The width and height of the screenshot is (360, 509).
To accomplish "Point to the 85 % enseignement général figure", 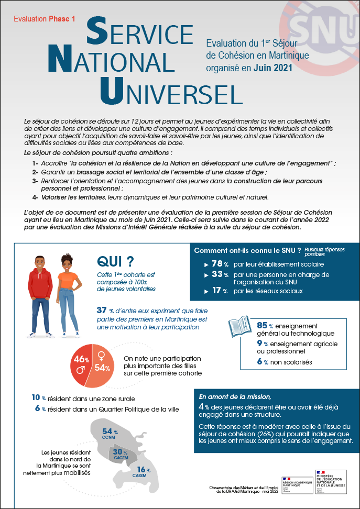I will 263,325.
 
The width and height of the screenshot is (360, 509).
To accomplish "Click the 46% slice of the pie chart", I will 81,361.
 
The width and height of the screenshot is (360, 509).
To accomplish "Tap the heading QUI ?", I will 115,261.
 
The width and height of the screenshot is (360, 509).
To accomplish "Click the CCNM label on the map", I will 109,437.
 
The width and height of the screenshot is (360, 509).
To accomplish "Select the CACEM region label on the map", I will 121,457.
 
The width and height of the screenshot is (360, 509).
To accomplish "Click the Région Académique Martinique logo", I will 297,483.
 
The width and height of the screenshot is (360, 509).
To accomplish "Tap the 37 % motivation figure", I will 106,310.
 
